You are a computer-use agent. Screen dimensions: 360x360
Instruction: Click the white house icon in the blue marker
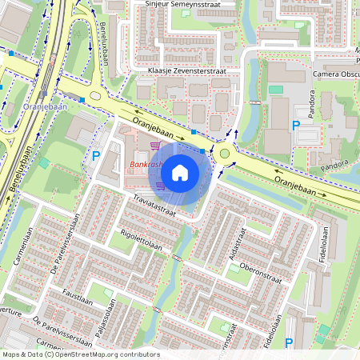180,172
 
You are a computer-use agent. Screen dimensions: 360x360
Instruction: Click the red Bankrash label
144,166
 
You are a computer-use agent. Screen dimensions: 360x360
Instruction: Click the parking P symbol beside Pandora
296,126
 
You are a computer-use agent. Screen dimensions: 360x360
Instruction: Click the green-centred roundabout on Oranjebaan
225,153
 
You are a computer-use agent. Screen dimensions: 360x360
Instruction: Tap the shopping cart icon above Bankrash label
155,146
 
